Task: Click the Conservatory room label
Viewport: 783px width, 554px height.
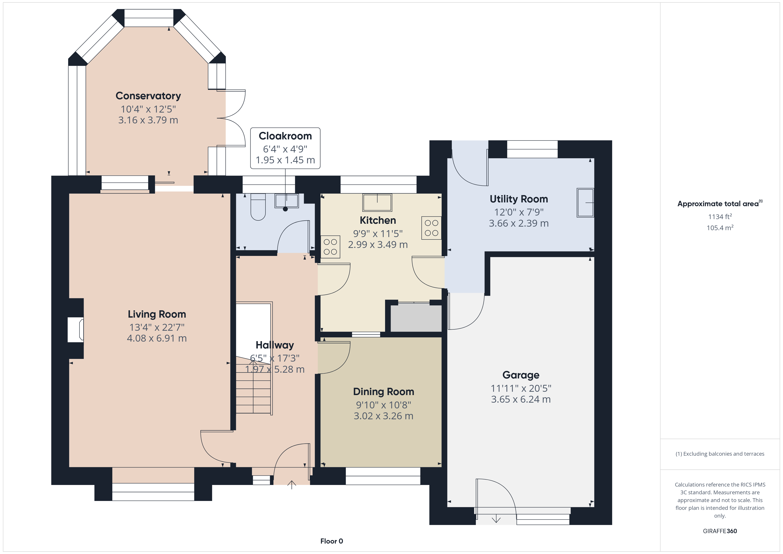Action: click(148, 96)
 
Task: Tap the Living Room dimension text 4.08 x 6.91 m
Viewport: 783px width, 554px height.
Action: click(157, 338)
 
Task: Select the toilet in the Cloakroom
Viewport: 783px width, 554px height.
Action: click(258, 207)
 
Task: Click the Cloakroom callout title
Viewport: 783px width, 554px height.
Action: click(285, 136)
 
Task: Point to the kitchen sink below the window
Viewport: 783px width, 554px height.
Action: click(377, 202)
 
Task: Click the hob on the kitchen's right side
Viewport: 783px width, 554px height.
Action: click(431, 228)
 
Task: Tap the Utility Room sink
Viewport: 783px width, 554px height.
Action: click(585, 203)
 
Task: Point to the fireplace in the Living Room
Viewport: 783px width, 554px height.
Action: click(76, 330)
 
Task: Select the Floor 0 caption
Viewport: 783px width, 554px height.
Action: click(332, 541)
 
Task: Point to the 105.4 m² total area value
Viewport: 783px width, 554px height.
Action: click(720, 228)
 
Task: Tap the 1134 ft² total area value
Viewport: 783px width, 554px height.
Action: click(720, 217)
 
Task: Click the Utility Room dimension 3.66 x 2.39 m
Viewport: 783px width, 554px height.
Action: click(519, 224)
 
